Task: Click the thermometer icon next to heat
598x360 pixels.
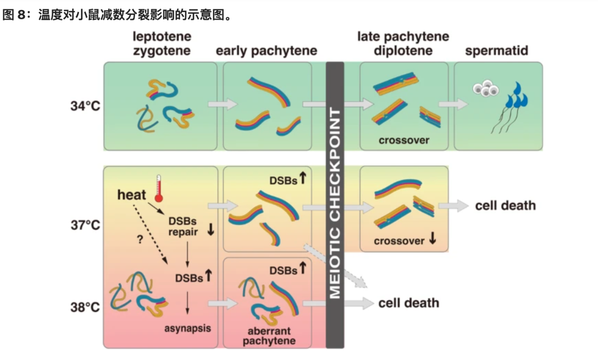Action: click(x=158, y=187)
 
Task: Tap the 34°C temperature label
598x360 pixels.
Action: click(x=84, y=106)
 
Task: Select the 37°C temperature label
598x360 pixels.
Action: click(x=84, y=225)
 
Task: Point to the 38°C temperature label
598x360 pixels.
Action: click(x=84, y=306)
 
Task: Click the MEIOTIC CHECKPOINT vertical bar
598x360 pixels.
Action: click(x=335, y=205)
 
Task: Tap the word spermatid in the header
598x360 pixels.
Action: click(x=496, y=51)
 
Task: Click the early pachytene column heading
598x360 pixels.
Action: click(x=266, y=51)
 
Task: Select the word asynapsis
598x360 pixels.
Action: click(x=188, y=328)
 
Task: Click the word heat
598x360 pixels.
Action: click(x=132, y=195)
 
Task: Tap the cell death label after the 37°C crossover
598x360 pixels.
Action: click(x=506, y=205)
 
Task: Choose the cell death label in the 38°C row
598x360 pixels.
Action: click(x=409, y=303)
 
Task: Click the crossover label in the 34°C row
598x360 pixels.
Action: click(x=404, y=140)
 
